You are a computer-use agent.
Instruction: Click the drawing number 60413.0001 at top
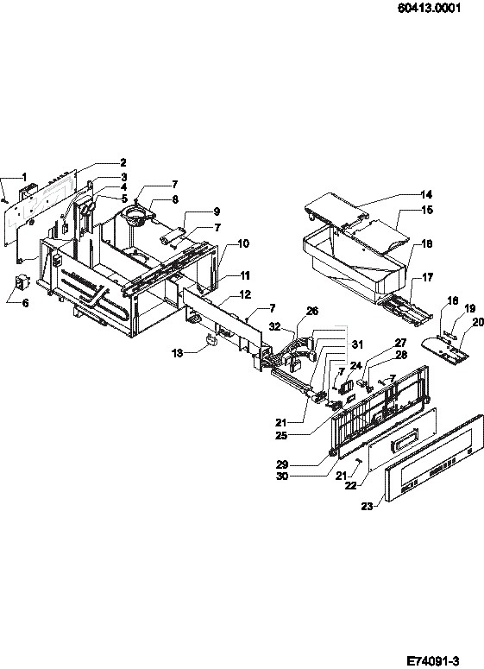pos(429,8)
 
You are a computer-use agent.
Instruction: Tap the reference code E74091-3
pos(433,661)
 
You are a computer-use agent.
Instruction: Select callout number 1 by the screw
pos(24,177)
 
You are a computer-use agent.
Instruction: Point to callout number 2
pos(123,162)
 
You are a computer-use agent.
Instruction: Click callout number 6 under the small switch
pos(25,303)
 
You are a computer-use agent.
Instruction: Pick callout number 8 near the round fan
pos(175,199)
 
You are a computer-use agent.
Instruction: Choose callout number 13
pos(178,353)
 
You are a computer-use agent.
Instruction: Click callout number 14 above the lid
pos(426,194)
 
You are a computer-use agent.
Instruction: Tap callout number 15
pos(427,210)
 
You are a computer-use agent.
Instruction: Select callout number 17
pos(427,277)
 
